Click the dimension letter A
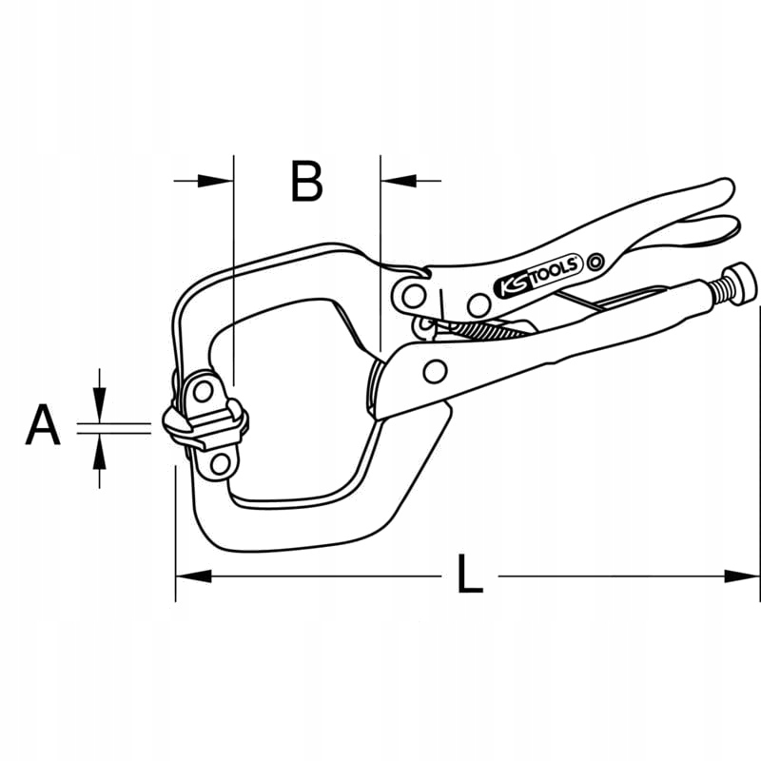pos(42,425)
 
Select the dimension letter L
pos(469,576)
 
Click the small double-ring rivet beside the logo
pos(595,261)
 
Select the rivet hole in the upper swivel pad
pos(202,391)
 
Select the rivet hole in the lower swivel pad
pos(219,463)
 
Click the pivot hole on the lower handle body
pos(435,369)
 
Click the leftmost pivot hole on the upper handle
pos(411,296)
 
